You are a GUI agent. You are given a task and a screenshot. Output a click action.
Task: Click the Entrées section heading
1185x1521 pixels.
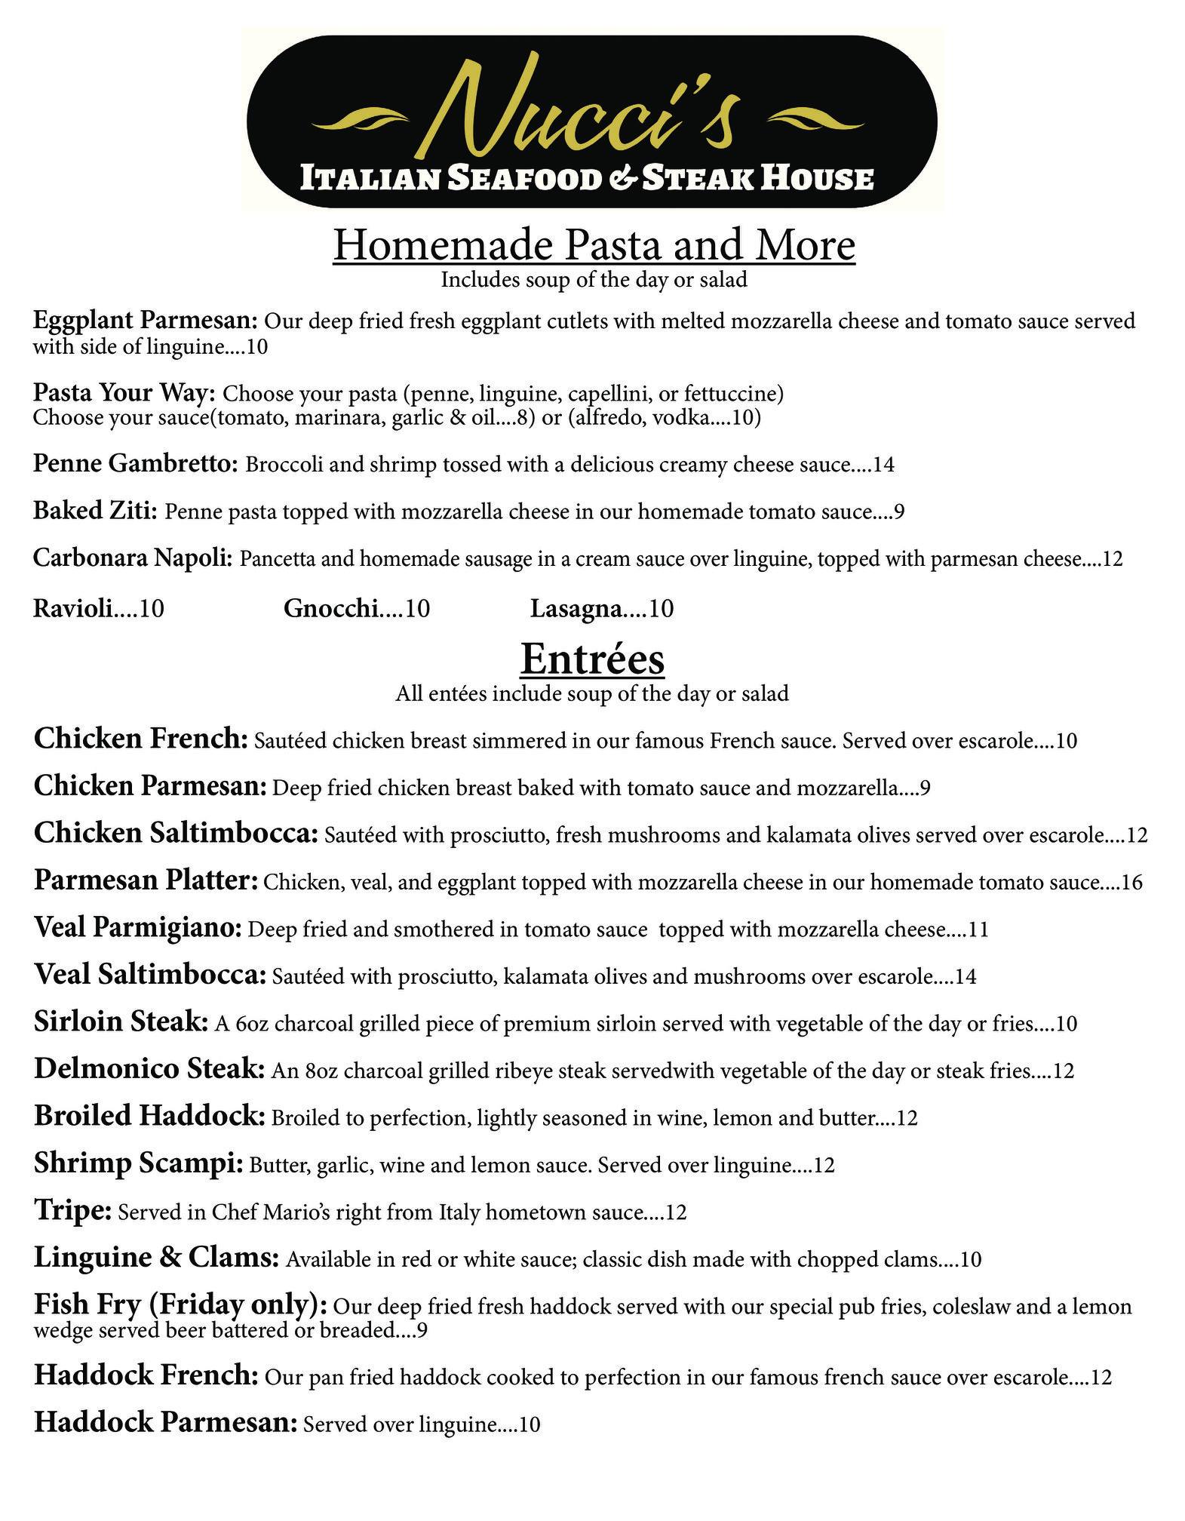coord(592,659)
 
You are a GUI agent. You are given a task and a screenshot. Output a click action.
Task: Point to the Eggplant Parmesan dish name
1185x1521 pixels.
coord(146,321)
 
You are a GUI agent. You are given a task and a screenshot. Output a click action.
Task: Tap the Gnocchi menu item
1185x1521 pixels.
coord(332,607)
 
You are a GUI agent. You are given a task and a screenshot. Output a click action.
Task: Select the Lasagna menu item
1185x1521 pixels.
coord(577,607)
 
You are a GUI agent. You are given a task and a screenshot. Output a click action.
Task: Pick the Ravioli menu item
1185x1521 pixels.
coord(73,607)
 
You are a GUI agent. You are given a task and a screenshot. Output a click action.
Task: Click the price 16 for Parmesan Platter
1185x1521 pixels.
coord(1132,882)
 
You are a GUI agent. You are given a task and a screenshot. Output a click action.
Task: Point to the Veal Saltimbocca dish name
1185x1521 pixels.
coord(149,976)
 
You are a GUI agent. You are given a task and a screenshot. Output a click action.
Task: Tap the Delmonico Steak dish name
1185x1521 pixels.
coord(149,1069)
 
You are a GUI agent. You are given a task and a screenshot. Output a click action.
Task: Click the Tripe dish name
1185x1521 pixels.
coord(72,1211)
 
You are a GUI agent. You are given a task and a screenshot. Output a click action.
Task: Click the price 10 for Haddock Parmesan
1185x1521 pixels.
coord(530,1425)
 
